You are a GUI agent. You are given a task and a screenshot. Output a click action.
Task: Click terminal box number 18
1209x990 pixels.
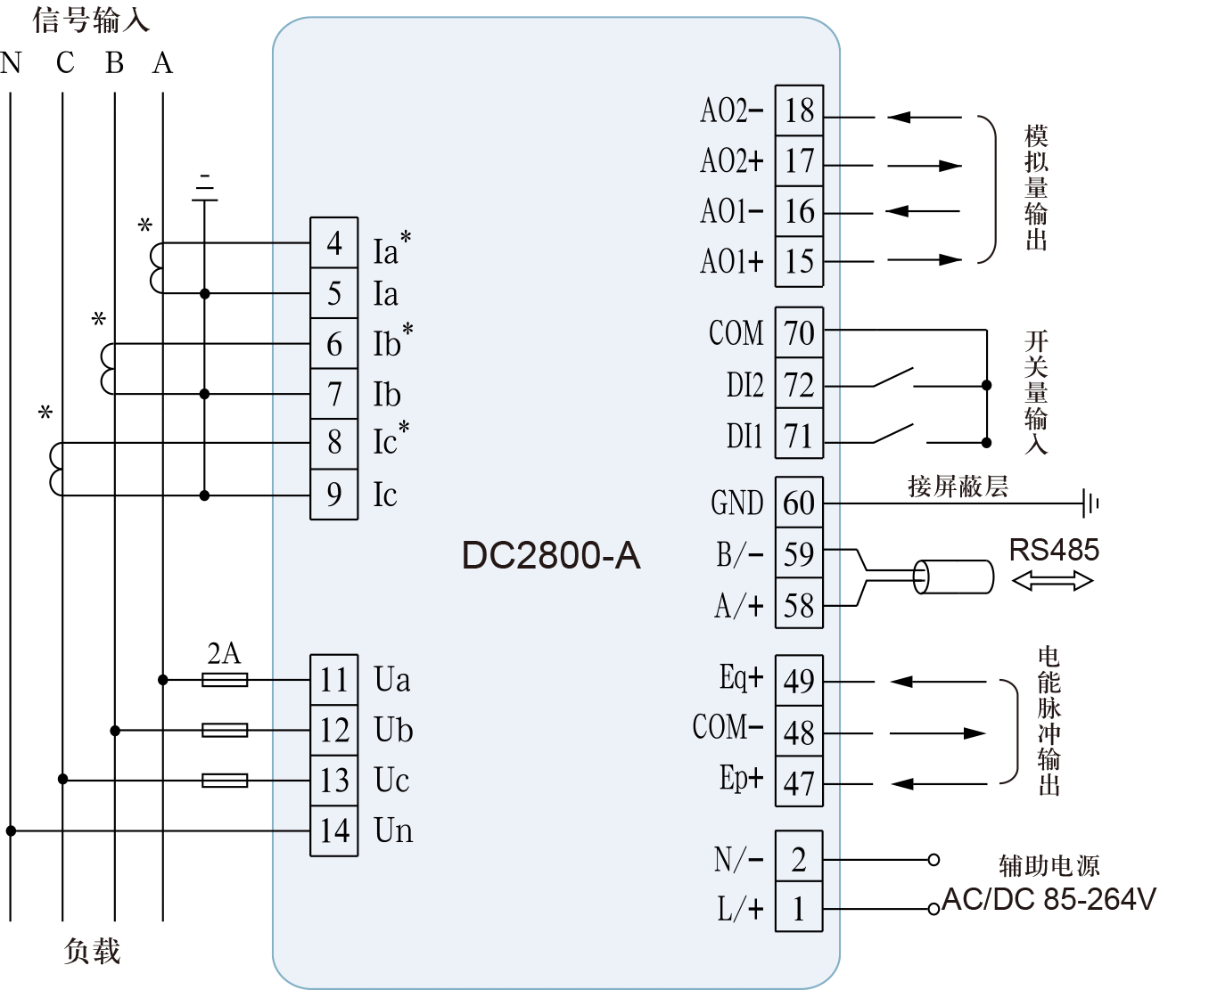coord(799,110)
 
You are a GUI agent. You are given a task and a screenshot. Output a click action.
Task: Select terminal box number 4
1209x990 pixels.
coord(334,242)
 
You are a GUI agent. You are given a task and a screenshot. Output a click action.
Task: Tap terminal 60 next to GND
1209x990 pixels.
coord(799,503)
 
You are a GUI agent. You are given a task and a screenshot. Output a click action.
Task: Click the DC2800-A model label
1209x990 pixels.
coord(551,555)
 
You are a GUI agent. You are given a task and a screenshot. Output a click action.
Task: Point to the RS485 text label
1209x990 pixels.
coord(1054,550)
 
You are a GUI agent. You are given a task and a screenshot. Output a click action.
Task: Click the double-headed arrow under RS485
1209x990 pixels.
coord(1052,582)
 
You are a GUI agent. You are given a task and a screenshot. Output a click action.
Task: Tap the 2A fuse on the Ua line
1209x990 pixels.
coord(225,680)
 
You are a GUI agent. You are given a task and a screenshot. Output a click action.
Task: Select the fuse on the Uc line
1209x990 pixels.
coord(225,781)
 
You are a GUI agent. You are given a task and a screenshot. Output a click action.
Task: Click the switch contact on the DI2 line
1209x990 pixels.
coord(893,379)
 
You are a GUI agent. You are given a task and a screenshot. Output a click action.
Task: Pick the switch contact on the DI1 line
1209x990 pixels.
coord(893,434)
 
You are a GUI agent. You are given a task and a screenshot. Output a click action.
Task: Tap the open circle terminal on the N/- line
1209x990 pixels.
coord(933,860)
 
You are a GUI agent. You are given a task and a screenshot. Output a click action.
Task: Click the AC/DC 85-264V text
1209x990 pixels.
coord(1049,900)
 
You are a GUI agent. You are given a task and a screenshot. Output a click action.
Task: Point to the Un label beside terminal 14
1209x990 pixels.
coord(393,830)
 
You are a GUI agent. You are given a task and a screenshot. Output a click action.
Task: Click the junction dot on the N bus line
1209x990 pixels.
coord(11,830)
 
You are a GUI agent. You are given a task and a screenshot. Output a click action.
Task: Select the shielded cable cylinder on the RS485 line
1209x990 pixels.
coord(954,577)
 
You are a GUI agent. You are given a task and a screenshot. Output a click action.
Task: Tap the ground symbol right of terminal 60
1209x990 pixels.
coord(1090,503)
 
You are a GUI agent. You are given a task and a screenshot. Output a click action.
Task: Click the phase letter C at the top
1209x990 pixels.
coord(64,63)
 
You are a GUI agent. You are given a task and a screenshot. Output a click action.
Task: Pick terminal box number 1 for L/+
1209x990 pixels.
coord(799,909)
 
